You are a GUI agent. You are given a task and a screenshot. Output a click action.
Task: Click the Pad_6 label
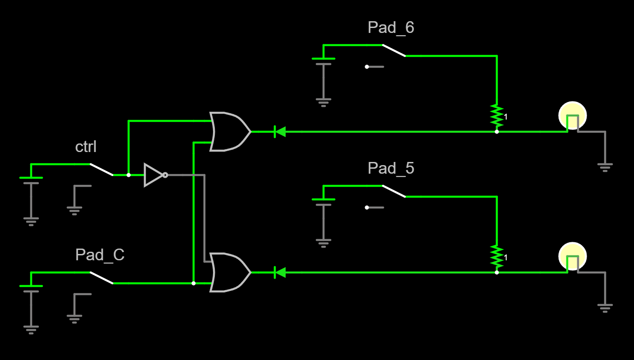391,28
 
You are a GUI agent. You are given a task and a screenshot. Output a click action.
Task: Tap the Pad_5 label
391,169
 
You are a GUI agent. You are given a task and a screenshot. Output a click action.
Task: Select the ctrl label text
86,147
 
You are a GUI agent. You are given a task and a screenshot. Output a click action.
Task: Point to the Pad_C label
100,255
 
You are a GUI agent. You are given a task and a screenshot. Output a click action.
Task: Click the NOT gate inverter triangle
152,175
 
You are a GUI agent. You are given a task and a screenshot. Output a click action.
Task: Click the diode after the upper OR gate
280,132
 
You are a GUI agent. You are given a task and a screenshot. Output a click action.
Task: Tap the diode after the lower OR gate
280,272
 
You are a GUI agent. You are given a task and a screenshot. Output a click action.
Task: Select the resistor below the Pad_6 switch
497,116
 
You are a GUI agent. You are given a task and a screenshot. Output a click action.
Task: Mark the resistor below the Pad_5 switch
497,257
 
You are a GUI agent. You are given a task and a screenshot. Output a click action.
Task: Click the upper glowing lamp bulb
573,115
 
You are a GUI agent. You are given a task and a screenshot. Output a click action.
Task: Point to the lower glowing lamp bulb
573,256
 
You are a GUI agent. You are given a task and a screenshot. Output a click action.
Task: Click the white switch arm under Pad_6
393,51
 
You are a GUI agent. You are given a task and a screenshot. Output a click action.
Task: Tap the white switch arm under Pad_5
393,191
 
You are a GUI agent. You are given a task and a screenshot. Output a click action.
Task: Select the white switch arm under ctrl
101,170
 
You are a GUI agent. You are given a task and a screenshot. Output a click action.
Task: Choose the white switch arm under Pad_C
101,278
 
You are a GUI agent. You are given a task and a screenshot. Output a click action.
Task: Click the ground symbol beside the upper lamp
605,167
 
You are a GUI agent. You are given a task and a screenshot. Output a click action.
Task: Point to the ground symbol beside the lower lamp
605,308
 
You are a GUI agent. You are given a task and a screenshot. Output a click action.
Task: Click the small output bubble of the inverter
165,175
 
